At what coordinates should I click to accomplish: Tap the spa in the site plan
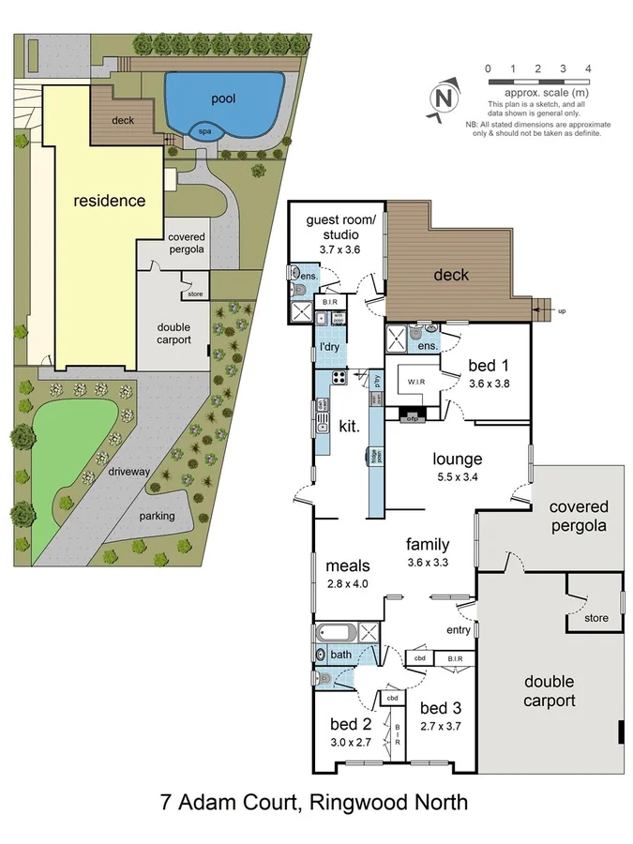coord(203,132)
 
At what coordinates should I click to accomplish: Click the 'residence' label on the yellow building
coord(110,201)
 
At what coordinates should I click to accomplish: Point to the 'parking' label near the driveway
coord(157,517)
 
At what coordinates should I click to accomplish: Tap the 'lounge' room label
coord(457,460)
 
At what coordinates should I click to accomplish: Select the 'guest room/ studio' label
coord(335,229)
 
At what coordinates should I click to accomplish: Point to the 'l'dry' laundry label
coord(329,349)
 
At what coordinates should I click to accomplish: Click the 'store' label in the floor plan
coord(595,618)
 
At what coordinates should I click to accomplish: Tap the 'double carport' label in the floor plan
coord(550,691)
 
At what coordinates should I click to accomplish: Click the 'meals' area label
coord(348,565)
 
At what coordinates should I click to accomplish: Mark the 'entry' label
coord(459,630)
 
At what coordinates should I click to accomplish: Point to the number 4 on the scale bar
coord(587,68)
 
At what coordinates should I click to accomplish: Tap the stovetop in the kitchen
coord(339,379)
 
